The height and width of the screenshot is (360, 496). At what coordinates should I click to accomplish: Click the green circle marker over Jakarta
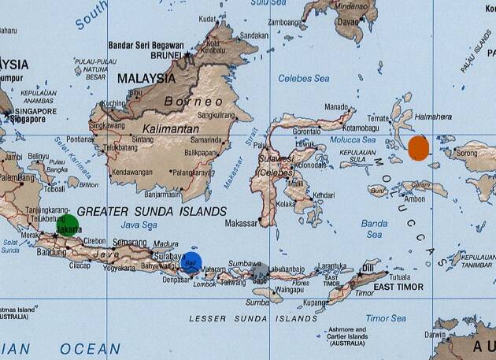coord(68,225)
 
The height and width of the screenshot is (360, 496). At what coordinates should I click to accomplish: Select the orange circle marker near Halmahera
coord(418,147)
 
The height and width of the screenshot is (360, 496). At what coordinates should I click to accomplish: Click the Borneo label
coord(194,102)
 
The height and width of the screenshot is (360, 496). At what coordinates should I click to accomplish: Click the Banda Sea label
coord(374,228)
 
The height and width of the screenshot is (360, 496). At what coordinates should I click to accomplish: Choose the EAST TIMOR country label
coord(398,288)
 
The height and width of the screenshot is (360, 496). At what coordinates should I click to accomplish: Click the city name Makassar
coord(242,224)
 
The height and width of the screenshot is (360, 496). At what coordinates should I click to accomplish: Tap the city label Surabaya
coord(168,256)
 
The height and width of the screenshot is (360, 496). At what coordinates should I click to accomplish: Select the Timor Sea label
coord(386,317)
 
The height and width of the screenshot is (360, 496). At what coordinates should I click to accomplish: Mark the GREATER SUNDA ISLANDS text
coord(152,211)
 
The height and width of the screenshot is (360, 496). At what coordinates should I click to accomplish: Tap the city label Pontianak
coord(80,139)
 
